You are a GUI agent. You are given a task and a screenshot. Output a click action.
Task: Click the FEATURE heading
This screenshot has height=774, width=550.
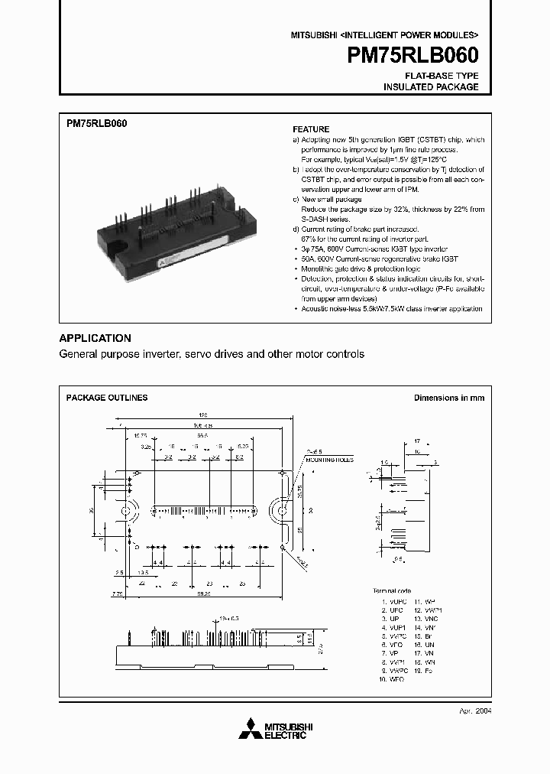click(x=312, y=129)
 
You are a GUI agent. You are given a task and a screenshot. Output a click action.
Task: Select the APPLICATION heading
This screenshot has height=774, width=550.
click(x=95, y=338)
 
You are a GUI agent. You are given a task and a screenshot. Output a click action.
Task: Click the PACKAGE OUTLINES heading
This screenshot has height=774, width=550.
click(x=107, y=398)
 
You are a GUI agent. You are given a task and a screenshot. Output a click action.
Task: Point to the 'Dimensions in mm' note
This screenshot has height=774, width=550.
click(x=449, y=398)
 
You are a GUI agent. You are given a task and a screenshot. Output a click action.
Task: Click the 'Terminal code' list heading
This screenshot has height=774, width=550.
click(x=392, y=591)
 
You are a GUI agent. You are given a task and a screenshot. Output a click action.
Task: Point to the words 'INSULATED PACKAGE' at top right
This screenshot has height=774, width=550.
click(x=431, y=87)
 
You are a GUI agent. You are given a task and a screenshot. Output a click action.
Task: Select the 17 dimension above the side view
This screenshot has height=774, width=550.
click(x=416, y=441)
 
